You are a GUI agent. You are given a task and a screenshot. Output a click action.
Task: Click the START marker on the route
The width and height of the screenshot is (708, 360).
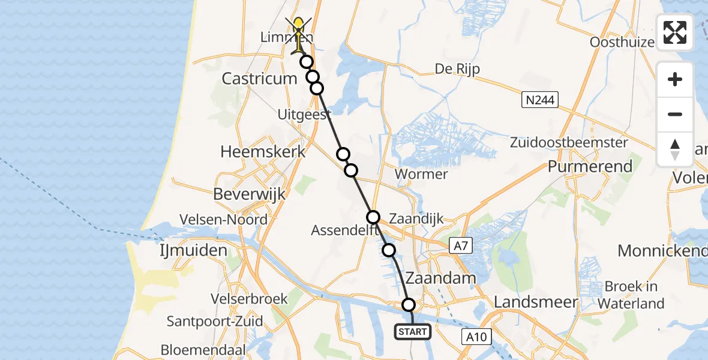[413, 331]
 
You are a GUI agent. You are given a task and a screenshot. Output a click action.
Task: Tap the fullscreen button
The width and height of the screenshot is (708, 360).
[675, 32]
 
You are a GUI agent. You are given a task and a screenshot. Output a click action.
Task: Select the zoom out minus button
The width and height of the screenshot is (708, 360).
[675, 114]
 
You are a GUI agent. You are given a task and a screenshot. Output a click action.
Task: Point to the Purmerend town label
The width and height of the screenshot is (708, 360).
[590, 166]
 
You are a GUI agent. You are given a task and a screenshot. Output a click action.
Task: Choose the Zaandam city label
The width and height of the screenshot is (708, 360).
[441, 278]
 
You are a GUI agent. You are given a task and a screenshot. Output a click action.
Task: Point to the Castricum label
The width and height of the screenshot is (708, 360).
[259, 79]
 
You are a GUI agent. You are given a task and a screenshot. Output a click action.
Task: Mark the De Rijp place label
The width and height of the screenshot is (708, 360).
[458, 69]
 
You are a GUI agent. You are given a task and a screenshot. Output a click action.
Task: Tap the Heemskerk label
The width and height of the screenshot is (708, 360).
[263, 152]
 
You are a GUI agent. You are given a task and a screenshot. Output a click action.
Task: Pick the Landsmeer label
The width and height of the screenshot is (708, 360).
[536, 303]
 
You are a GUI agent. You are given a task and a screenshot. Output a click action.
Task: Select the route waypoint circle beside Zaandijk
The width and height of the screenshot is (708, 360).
[373, 217]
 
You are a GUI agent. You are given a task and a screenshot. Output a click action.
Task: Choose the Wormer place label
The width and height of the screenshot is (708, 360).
[422, 175]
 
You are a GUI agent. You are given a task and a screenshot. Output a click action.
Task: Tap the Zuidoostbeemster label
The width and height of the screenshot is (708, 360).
[569, 143]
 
